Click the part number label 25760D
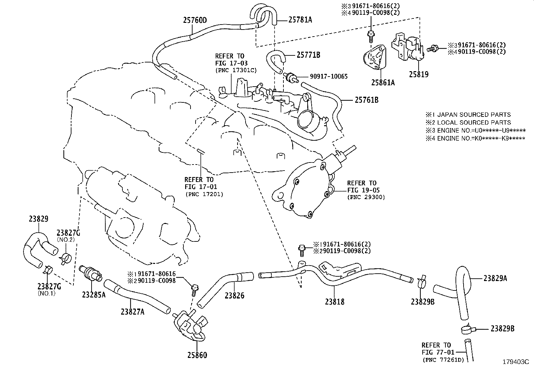[195, 20]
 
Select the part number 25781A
[300, 20]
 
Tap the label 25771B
[308, 55]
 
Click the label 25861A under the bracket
[383, 82]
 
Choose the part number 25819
[418, 75]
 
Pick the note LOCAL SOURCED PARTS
[474, 123]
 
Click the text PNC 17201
[204, 194]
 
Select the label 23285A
[94, 294]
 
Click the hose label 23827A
[132, 312]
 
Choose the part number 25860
[197, 355]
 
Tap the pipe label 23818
[334, 302]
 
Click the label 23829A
[495, 278]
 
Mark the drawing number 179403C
[515, 362]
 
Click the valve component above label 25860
[190, 325]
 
